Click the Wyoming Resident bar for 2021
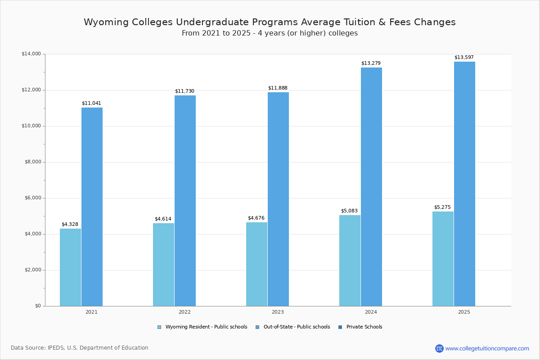[x=70, y=267]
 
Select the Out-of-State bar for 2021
[x=92, y=207]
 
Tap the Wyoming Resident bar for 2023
[x=256, y=264]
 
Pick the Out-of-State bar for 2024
[x=371, y=187]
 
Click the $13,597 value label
[x=464, y=57]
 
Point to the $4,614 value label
[x=163, y=219]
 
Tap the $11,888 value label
[x=278, y=88]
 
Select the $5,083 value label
[x=349, y=211]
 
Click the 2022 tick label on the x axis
[x=184, y=312]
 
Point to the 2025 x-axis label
[x=464, y=312]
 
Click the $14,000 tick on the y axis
[x=31, y=54]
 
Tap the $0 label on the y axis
[x=37, y=306]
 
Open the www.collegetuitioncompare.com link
[x=487, y=348]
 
